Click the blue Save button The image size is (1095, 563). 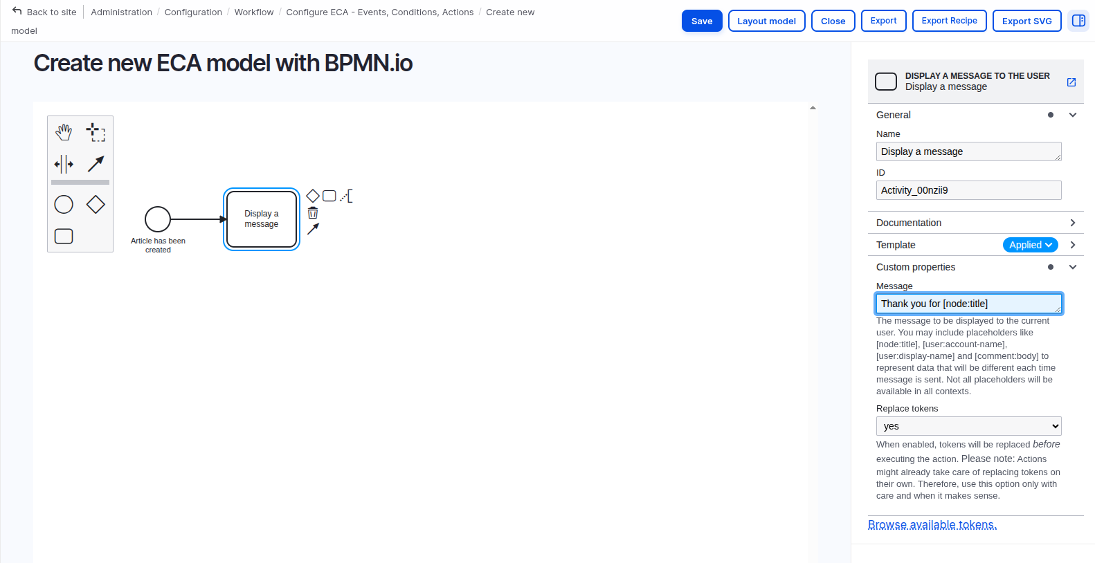[701, 21]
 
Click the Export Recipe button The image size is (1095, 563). [949, 21]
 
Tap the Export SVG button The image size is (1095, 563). [1026, 21]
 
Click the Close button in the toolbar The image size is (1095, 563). [833, 21]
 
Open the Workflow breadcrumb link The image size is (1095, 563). [254, 12]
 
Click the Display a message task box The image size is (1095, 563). [262, 219]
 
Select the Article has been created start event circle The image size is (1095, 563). [158, 219]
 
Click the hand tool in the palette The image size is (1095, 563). [64, 131]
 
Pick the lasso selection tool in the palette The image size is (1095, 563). [96, 131]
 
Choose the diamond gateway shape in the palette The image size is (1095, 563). [96, 204]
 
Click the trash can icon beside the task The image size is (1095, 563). [313, 213]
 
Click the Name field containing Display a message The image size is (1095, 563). [968, 151]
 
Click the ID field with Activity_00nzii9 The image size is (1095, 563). [968, 190]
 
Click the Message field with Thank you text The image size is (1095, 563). [968, 304]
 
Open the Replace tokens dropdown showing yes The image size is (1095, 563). [968, 426]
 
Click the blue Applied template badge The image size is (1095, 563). [1030, 245]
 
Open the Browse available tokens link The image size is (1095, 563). [932, 525]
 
